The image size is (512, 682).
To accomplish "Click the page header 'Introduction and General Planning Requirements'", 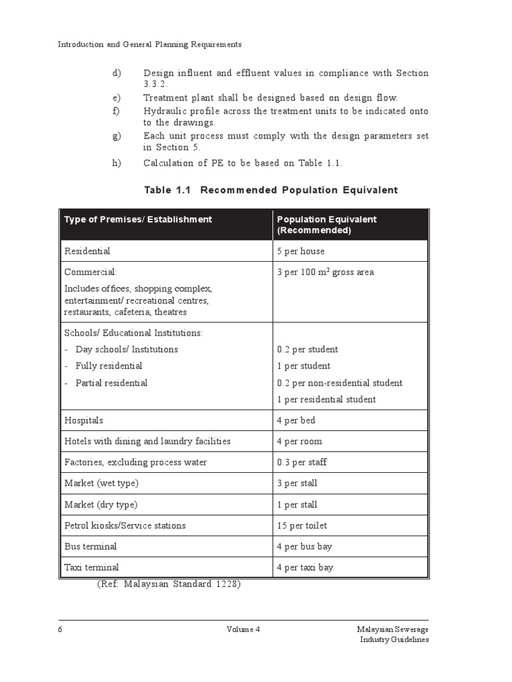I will click(149, 45).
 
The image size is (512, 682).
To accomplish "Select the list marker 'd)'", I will click(117, 73).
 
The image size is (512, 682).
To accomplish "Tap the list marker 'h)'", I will click(117, 164).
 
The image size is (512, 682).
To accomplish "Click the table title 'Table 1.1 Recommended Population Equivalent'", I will click(271, 190).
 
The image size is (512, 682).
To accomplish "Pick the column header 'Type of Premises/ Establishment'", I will click(138, 219).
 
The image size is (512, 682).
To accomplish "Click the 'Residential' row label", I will click(87, 251).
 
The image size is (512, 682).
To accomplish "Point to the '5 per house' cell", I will click(300, 251).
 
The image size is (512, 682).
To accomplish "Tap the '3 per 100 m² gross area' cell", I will click(325, 272).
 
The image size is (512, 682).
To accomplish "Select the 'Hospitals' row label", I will click(84, 420).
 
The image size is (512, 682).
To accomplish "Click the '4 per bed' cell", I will click(296, 420).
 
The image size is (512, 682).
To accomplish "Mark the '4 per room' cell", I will click(299, 441).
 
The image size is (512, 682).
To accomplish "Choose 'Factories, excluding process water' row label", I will click(135, 462).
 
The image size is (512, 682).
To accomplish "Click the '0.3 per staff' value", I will click(301, 462).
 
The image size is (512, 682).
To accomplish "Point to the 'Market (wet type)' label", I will click(101, 483).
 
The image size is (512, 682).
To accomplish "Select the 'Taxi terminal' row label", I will click(91, 567).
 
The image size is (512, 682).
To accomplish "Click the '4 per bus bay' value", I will click(304, 546).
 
